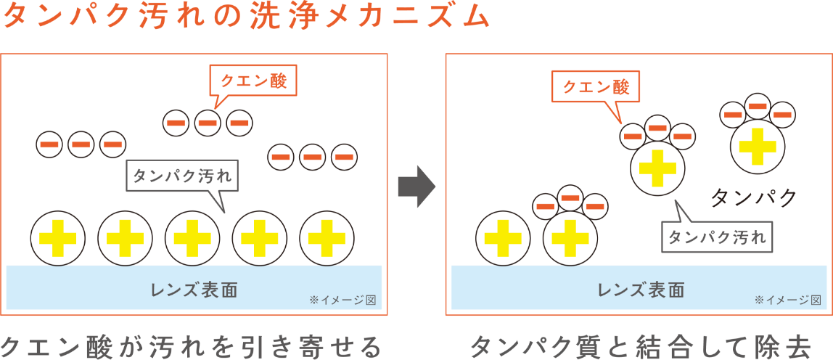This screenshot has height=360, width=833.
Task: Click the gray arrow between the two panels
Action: [416, 187]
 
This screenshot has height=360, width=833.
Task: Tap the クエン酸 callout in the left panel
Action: [253, 81]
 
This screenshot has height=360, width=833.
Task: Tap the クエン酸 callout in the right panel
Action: [596, 87]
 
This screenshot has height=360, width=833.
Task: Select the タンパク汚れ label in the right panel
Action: [717, 237]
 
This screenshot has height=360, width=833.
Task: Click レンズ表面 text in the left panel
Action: [194, 290]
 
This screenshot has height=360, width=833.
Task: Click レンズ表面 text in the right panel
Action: [641, 290]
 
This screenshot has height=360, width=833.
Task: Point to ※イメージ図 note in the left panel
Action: [342, 300]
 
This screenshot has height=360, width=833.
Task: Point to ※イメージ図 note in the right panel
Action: [788, 300]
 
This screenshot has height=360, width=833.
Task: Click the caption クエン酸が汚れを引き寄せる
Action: [192, 346]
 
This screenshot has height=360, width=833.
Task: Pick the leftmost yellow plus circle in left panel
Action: [57, 238]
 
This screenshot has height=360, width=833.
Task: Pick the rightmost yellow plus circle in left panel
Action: [327, 238]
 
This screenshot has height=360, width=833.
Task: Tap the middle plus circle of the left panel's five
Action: [192, 238]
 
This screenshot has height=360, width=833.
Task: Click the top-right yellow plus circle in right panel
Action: [757, 147]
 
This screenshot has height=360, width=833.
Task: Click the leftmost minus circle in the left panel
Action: [49, 144]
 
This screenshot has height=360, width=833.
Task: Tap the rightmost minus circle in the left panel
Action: [344, 156]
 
